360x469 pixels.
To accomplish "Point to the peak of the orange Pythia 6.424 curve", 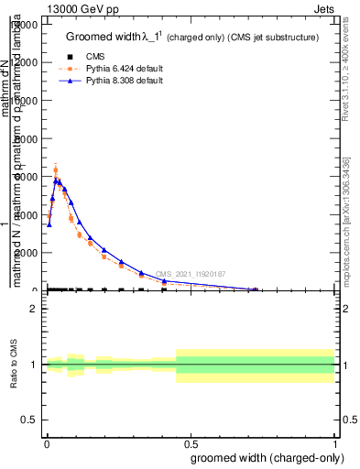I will point(55,169).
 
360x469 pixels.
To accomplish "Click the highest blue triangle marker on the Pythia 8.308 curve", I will point(57,180).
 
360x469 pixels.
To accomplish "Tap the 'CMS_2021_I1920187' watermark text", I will point(190,274).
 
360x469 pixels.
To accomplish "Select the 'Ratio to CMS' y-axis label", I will point(14,365).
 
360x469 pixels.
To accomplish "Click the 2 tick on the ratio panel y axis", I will point(33,309).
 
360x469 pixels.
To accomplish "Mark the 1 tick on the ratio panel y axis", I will point(33,365).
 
